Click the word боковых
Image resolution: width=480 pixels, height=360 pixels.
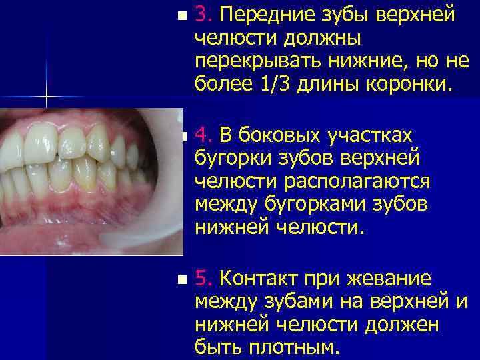281,135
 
